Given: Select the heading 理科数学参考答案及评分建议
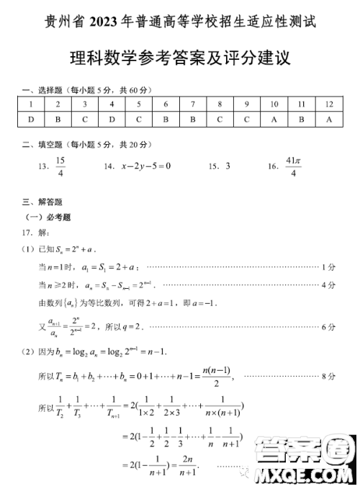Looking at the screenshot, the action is point(179,57).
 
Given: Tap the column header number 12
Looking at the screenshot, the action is point(329,104).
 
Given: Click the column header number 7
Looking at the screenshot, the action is point(193,104).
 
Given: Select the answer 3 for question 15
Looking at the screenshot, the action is point(228,166).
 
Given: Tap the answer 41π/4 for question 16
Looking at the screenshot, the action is point(292,166).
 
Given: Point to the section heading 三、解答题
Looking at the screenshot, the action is point(42,202).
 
